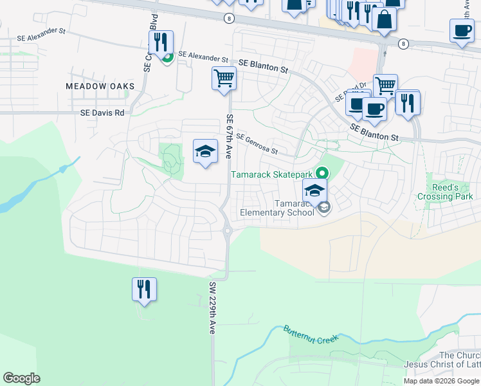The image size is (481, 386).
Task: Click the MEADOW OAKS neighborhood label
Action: pos(100,86)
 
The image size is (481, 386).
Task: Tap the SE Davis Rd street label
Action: pos(102,112)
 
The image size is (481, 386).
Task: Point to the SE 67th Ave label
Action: pos(229,136)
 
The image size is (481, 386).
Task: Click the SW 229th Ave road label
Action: pos(211,308)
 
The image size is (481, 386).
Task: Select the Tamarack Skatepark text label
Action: pos(272,174)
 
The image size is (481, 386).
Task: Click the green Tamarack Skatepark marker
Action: pos(323,173)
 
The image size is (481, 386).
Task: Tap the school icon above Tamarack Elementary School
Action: pos(315,190)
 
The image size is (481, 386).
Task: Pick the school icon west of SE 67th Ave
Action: pos(205,151)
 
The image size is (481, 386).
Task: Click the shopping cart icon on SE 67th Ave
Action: pos(224,79)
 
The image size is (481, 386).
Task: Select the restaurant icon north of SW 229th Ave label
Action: pos(143,289)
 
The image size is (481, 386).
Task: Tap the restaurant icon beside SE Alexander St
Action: pos(160,42)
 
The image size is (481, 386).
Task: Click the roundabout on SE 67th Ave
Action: pos(226,230)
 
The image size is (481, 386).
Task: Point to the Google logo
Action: pos(21,378)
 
